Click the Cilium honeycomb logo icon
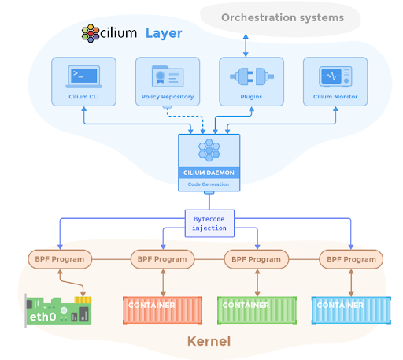click(91, 33)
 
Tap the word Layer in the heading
click(164, 34)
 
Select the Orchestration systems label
click(283, 17)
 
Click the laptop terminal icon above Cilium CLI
click(83, 76)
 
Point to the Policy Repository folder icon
click(168, 76)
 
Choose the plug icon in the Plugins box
click(252, 76)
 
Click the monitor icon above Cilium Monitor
click(335, 76)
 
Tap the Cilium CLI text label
click(83, 97)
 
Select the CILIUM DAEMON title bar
click(209, 173)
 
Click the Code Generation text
click(209, 184)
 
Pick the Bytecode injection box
click(209, 224)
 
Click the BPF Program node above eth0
click(60, 259)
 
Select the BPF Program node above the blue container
click(351, 259)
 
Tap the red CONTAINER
click(162, 310)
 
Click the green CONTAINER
click(257, 310)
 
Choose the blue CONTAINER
click(351, 310)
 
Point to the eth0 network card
click(58, 311)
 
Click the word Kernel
click(209, 341)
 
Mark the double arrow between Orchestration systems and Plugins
click(246, 45)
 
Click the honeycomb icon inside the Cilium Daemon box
click(209, 150)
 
